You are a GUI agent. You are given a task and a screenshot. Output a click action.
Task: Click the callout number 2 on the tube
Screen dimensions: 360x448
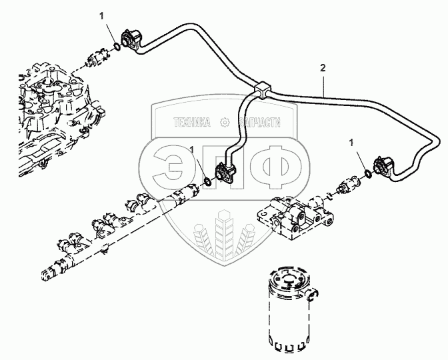click(323, 68)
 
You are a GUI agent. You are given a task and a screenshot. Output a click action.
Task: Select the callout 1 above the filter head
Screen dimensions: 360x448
click(351, 141)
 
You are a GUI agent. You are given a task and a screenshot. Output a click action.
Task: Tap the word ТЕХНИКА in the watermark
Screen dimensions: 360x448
click(191, 122)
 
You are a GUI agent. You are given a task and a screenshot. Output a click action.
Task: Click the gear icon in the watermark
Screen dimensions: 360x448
click(225, 122)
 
